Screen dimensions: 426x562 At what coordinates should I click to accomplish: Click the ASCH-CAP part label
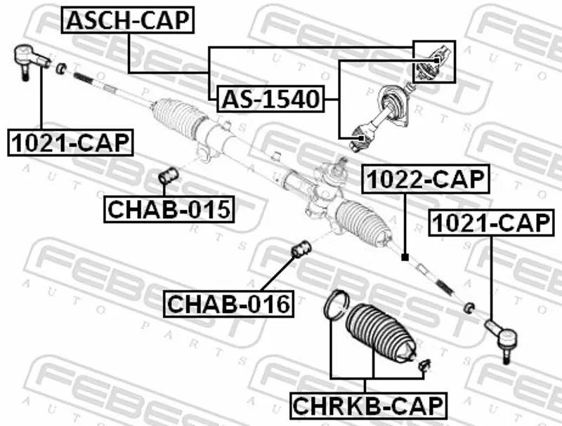(x=128, y=21)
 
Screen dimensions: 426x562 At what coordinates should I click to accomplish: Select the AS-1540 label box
(x=269, y=100)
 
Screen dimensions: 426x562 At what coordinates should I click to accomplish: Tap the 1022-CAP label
(x=424, y=180)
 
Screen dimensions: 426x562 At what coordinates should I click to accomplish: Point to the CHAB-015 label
(x=169, y=208)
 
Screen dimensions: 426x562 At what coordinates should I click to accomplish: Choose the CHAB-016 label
(x=228, y=305)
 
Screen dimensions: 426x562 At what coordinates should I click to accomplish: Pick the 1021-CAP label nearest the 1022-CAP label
(x=491, y=224)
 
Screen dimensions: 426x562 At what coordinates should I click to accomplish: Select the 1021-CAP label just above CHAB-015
(x=70, y=142)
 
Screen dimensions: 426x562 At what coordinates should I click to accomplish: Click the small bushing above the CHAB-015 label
(x=169, y=175)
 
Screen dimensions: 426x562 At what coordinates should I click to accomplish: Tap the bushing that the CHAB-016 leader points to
(x=301, y=249)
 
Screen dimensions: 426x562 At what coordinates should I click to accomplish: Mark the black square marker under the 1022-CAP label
(x=405, y=258)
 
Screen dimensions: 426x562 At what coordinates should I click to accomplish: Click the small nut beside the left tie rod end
(x=60, y=67)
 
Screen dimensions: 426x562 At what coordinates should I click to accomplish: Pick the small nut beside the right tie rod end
(x=469, y=306)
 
